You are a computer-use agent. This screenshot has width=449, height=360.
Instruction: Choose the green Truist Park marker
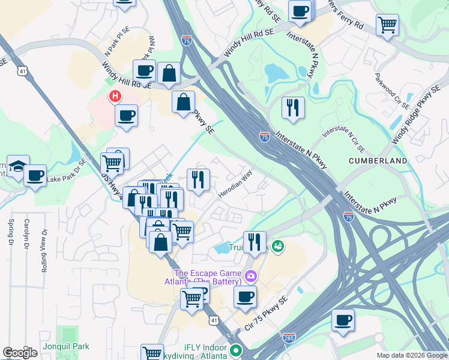point(277,245)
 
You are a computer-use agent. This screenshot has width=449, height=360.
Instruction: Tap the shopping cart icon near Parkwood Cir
point(387,25)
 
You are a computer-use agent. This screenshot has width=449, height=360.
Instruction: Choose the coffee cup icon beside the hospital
point(126,115)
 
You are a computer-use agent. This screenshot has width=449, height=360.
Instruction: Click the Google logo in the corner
point(20,353)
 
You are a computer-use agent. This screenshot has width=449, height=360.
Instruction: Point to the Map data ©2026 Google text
point(411,355)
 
